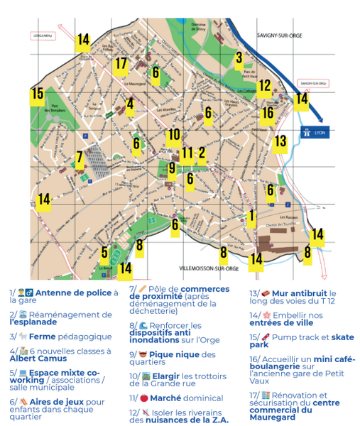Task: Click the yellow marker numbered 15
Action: coord(37,94)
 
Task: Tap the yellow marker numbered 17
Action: coord(121,64)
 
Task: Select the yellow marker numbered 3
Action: coord(239,59)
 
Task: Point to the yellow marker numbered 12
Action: coord(264,87)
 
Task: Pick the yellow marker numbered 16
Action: coord(267,112)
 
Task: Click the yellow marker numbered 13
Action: coord(280,141)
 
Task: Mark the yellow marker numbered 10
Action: coord(174,135)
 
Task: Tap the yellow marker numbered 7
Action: coord(80,158)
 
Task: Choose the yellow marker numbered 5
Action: coord(104,252)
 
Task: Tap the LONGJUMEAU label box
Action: coord(43,34)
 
